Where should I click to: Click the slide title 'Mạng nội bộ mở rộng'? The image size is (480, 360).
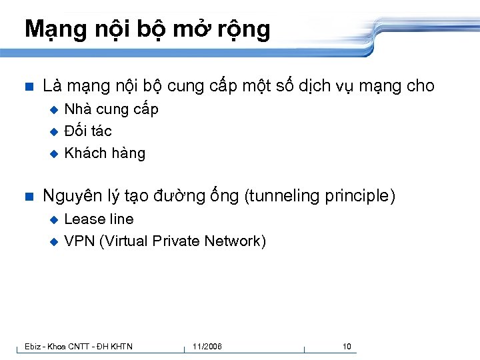click(147, 30)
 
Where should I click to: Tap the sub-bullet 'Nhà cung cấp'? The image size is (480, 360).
click(111, 109)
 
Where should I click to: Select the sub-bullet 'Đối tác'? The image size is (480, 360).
click(88, 131)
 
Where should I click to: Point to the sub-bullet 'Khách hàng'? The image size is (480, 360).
click(105, 153)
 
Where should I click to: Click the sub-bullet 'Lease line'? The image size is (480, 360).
click(99, 219)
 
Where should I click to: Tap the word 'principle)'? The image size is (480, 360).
click(361, 196)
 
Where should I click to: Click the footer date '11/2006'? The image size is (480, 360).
click(207, 347)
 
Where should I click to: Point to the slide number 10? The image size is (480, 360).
click(347, 347)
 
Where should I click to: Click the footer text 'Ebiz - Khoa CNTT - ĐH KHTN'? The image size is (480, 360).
click(78, 347)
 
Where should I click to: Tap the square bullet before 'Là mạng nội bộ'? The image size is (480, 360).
click(28, 87)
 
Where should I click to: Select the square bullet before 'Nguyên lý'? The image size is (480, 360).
click(28, 197)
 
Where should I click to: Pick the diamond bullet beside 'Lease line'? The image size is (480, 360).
click(55, 220)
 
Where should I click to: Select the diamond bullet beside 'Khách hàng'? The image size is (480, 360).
click(55, 154)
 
